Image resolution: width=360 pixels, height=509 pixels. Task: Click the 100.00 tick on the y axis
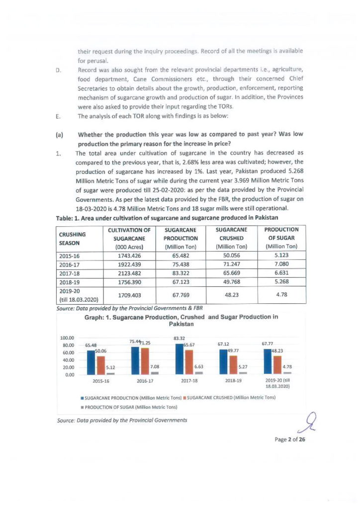click(x=68, y=338)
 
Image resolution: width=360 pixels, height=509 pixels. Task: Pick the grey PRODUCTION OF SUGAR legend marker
click(x=82, y=407)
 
